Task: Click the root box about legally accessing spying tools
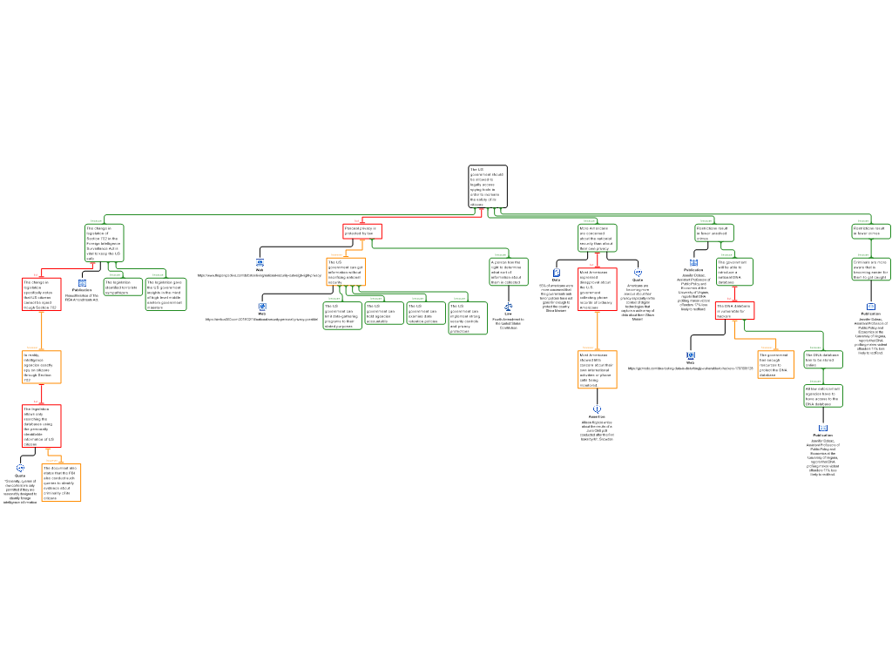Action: tap(488, 186)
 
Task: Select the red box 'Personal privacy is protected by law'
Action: tap(362, 232)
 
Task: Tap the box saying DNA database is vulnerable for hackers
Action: tap(734, 311)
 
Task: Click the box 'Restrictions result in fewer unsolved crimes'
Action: tap(714, 233)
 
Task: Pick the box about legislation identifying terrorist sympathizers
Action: tap(123, 287)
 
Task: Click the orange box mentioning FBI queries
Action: tap(62, 483)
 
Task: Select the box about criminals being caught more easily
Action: tap(870, 268)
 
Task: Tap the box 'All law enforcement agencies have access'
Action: tap(822, 396)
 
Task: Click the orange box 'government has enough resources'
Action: tap(775, 364)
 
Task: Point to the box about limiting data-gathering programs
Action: tap(342, 315)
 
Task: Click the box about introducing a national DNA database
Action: tap(734, 272)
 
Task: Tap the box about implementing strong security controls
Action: tap(468, 318)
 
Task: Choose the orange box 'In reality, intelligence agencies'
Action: tap(42, 367)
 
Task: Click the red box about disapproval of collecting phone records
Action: tap(598, 289)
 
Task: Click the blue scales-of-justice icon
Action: tap(509, 307)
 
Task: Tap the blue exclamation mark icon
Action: tap(598, 409)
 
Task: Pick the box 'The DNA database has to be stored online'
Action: tap(822, 360)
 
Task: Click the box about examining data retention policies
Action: tap(426, 314)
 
